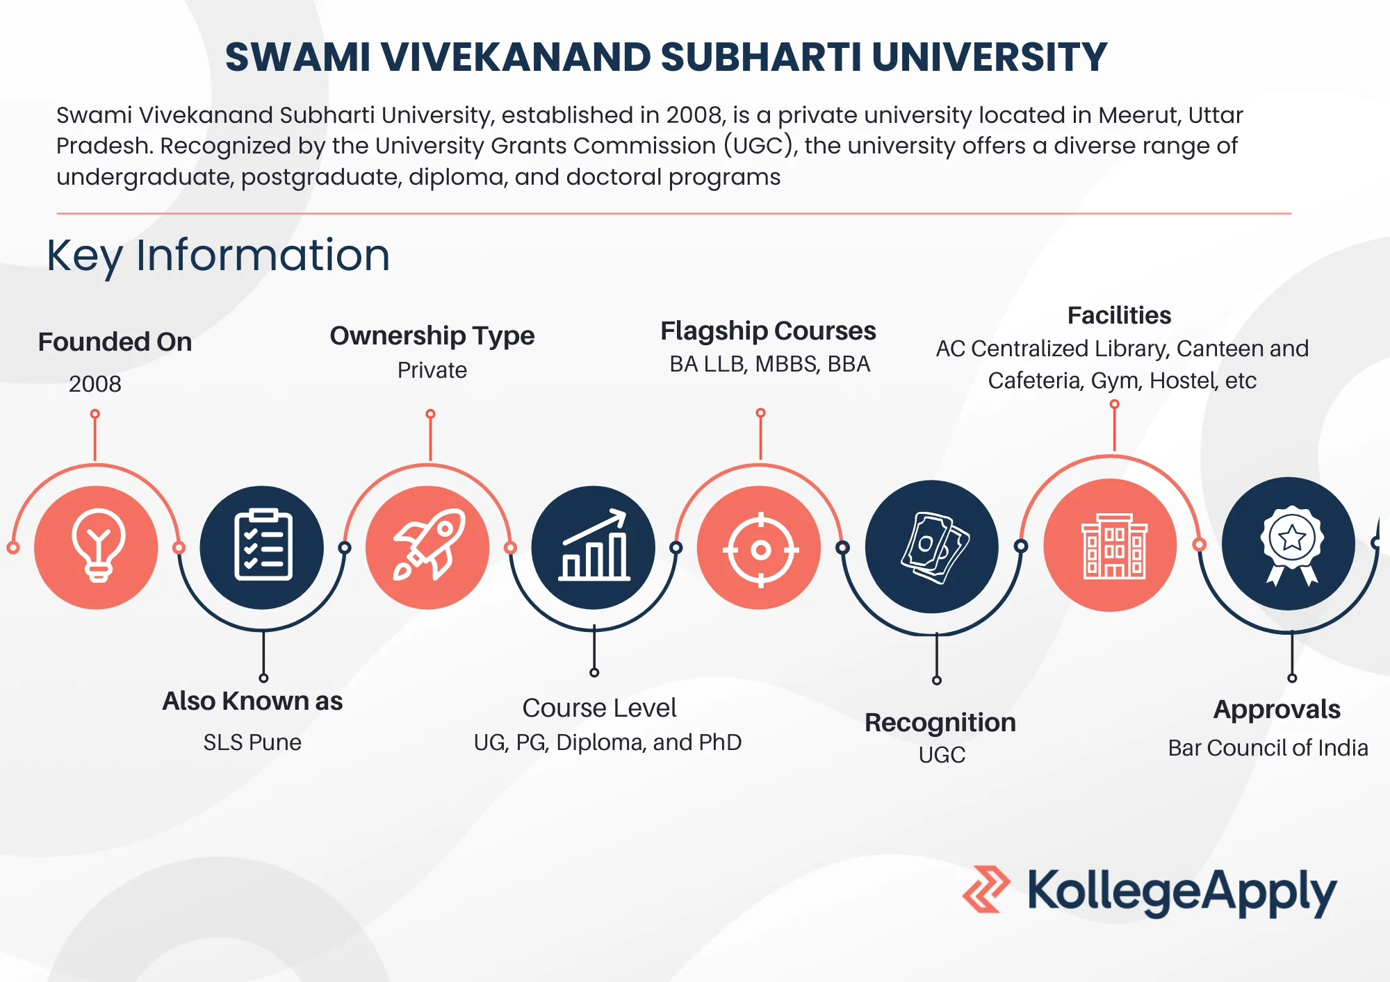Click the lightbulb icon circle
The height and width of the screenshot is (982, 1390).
96,547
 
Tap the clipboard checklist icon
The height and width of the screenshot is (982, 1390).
263,545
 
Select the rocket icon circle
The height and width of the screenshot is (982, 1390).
428,547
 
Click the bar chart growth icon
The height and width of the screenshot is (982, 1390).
594,545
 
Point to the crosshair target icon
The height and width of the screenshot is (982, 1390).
760,550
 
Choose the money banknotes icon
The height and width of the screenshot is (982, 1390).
934,547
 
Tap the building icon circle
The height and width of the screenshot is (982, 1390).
1111,545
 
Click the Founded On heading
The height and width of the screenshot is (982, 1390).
115,342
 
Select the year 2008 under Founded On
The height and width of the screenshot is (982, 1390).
95,383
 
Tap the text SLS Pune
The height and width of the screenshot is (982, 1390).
252,742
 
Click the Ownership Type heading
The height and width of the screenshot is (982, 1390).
432,336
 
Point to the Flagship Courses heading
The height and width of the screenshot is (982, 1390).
768,331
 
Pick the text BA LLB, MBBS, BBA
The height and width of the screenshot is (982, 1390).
770,364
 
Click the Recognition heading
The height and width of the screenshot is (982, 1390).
940,723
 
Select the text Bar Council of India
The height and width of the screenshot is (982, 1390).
1268,748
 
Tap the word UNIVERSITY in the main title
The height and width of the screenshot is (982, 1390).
989,57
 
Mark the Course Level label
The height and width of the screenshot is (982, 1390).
599,708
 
